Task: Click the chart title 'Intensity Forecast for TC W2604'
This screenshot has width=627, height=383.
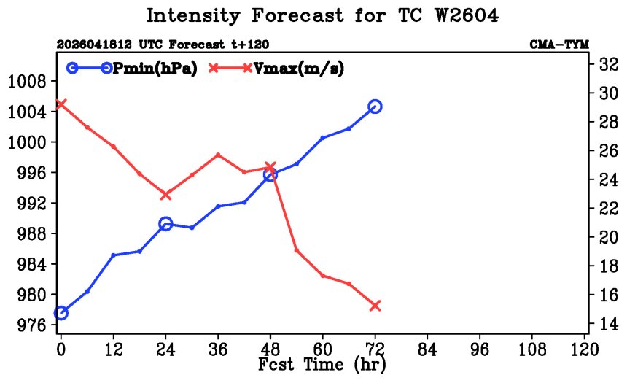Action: coord(322,16)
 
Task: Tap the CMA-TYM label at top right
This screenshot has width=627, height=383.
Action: coord(559,44)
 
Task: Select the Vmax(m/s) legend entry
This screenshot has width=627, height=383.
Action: coord(276,69)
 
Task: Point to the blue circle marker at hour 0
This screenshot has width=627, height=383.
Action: coord(61,312)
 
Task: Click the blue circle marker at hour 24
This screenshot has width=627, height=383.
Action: coord(165,224)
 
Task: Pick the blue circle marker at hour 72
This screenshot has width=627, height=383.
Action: coord(375,107)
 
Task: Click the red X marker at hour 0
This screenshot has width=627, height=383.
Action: coord(61,104)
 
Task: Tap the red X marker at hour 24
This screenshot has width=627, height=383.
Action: coord(165,195)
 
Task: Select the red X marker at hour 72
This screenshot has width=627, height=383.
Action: coord(375,306)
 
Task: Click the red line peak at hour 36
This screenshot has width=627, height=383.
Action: coord(218,155)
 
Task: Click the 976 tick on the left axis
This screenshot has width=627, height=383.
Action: coord(31,325)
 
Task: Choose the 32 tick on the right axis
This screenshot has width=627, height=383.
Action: coord(609,64)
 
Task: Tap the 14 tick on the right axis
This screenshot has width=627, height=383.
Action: coord(609,323)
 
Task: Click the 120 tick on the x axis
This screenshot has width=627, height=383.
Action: coord(585,349)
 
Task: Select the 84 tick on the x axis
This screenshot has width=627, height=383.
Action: coord(427,349)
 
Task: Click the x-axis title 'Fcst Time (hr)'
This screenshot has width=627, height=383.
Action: coord(322,365)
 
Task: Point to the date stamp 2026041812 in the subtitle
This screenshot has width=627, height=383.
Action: coord(94,44)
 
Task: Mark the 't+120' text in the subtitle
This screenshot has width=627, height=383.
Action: coord(250,44)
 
